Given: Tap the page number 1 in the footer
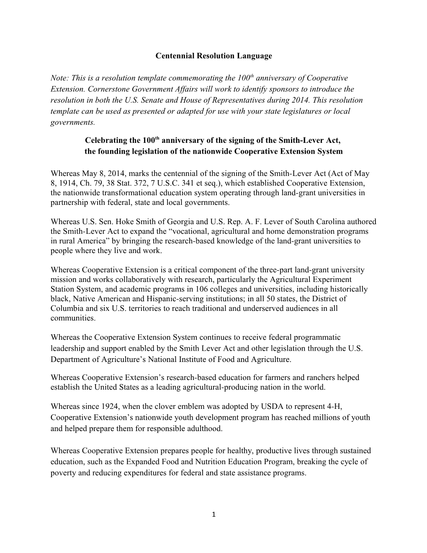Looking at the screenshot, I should point(213,515).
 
